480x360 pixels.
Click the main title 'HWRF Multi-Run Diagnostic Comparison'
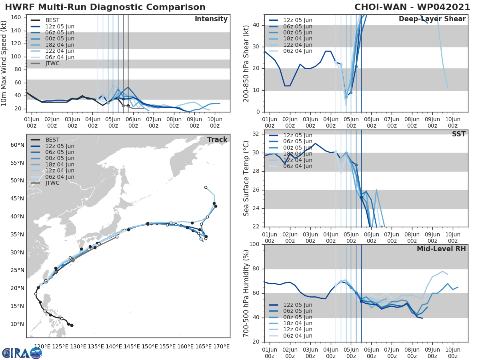(105, 7)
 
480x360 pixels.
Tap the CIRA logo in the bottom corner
(22, 353)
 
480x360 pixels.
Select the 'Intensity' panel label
(211, 19)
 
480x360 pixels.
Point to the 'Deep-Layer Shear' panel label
(432, 19)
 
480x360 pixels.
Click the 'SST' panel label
(459, 134)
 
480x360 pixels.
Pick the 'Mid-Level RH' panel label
(441, 249)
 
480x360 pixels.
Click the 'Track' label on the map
(217, 140)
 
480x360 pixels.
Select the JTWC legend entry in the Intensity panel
(52, 63)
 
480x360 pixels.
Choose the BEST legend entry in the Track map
(52, 140)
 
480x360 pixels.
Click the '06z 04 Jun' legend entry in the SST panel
(298, 166)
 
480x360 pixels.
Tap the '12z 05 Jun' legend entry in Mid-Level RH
(298, 305)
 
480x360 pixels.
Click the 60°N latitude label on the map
(17, 145)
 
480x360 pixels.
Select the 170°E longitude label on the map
(220, 346)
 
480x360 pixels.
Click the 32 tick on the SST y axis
(256, 134)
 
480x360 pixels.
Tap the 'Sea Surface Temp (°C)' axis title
(246, 178)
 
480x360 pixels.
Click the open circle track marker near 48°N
(206, 187)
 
